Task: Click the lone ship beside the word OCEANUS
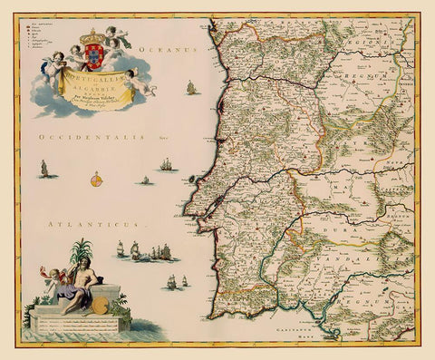(x=191, y=88)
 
